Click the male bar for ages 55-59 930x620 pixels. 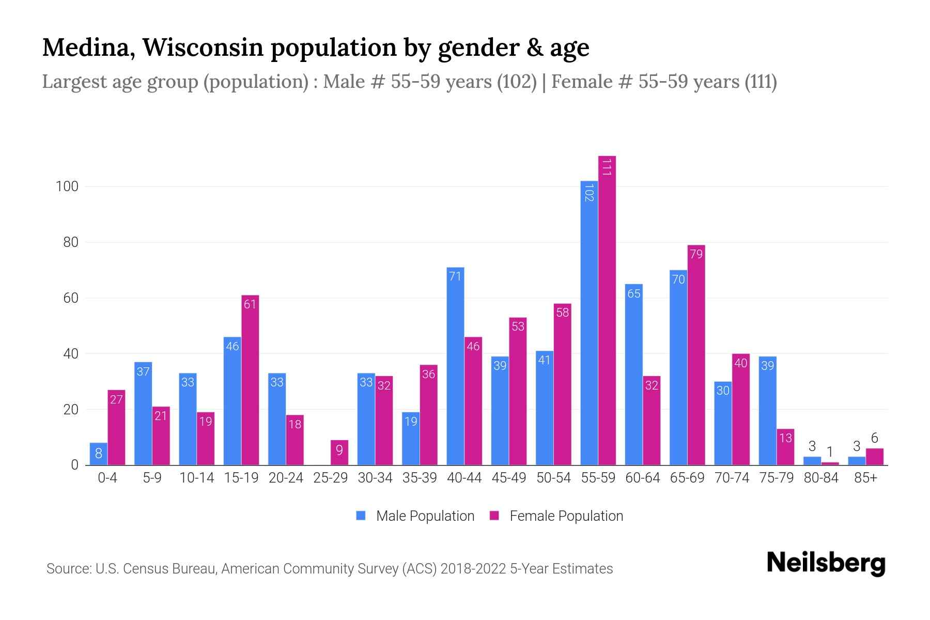pyautogui.click(x=589, y=323)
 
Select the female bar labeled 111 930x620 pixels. pyautogui.click(x=607, y=310)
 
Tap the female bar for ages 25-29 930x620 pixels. pyautogui.click(x=339, y=453)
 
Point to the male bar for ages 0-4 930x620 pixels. pyautogui.click(x=98, y=454)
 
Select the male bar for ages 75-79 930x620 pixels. pyautogui.click(x=767, y=411)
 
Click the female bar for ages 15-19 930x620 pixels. pyautogui.click(x=250, y=380)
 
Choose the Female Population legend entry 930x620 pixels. pyautogui.click(x=556, y=516)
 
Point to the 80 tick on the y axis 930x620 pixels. pyautogui.click(x=67, y=242)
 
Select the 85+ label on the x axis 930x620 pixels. pyautogui.click(x=865, y=478)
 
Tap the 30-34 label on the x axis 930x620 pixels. pyautogui.click(x=375, y=478)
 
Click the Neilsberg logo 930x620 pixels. pyautogui.click(x=826, y=563)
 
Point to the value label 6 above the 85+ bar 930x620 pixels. pyautogui.click(x=874, y=438)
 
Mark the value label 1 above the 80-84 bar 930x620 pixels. pyautogui.click(x=830, y=452)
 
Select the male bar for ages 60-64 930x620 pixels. pyautogui.click(x=633, y=375)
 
